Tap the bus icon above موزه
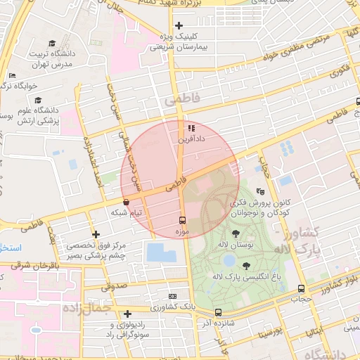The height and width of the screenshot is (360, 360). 183,220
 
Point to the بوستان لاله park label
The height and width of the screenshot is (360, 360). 236,244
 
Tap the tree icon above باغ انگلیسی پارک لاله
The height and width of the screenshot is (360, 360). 246,266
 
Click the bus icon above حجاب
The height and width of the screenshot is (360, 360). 302,288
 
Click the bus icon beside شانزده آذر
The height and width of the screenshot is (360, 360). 218,312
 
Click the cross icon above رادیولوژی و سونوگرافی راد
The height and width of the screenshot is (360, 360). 127,314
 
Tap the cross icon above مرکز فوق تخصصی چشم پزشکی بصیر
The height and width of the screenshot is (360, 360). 96,233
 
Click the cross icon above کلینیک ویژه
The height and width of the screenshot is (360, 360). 179,26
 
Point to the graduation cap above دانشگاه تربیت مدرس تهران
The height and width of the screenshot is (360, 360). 52,44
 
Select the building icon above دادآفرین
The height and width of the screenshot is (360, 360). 191,129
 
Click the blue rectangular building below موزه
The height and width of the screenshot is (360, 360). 163,253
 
